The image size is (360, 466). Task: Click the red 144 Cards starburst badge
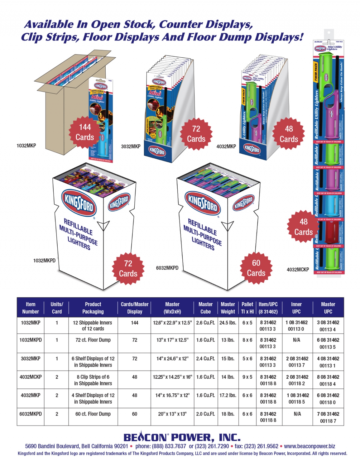[x=85, y=132]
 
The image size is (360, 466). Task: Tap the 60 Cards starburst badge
[x=256, y=268]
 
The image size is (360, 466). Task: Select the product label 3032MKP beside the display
[x=130, y=146]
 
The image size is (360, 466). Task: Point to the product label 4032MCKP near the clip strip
[x=298, y=269]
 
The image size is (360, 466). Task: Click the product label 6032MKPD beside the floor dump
[x=167, y=268]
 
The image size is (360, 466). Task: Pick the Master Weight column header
[x=228, y=308]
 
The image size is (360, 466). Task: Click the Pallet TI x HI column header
[x=247, y=308]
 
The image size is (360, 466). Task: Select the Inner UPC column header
[x=296, y=308]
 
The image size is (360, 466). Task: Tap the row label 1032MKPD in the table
[x=31, y=340]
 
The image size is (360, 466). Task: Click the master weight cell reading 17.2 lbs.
[x=228, y=395]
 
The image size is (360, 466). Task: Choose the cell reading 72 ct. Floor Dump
[x=93, y=340]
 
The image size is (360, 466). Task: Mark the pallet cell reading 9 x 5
[x=247, y=377]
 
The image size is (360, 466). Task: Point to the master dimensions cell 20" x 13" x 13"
[x=172, y=414]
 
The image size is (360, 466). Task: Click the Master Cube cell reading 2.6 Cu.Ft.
[x=205, y=323]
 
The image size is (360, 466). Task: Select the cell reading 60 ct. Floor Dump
[x=93, y=414]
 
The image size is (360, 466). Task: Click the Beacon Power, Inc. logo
[x=182, y=437]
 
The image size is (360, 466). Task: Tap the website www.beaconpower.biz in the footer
[x=310, y=446]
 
